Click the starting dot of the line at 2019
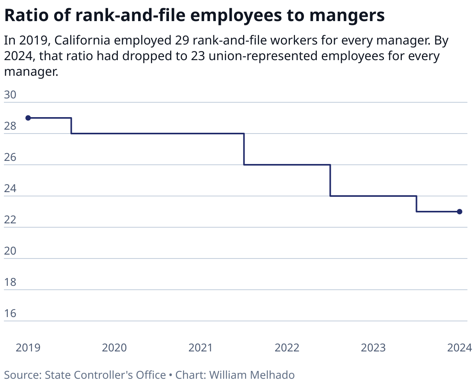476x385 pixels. point(28,118)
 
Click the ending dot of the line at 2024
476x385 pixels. point(460,212)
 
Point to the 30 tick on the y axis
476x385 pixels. point(10,95)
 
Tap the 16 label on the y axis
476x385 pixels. point(10,314)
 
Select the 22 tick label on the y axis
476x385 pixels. point(10,220)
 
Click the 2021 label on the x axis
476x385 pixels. point(201,348)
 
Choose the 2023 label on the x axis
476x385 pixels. point(373,348)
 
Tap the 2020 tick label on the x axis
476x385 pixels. point(114,348)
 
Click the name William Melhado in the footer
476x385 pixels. point(252,375)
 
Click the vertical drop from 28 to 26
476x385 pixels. point(244,149)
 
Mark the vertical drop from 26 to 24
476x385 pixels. point(330,180)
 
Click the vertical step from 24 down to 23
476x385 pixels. point(417,204)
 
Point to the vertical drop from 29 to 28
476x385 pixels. point(71,126)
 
